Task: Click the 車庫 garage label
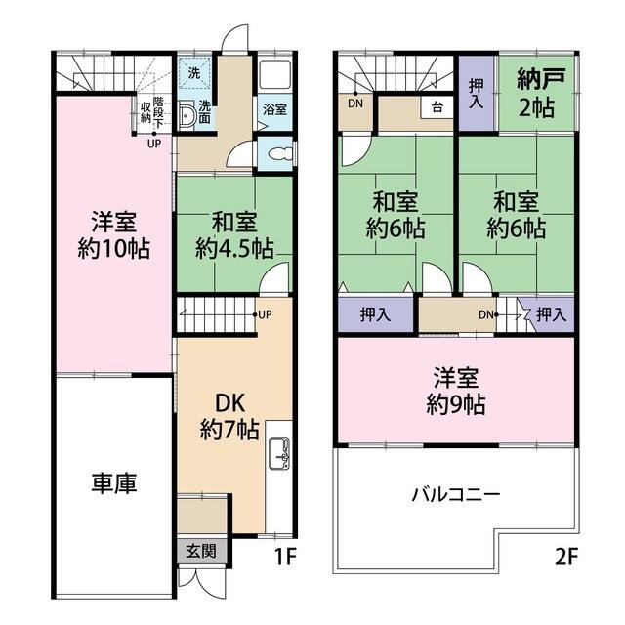point(114,482)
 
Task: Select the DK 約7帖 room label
point(230,416)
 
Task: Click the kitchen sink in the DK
point(278,453)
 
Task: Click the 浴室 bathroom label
point(274,110)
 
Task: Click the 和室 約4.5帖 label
point(233,233)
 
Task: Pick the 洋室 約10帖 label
point(113,233)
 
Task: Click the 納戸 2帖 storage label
point(535,92)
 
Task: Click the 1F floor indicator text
point(283,560)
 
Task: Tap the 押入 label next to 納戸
point(477,94)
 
